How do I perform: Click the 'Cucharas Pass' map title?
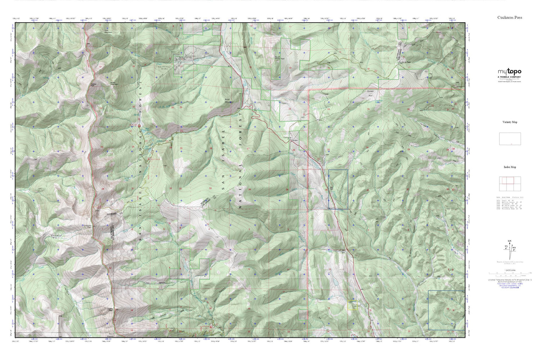[x=509, y=17]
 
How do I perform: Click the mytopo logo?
[x=509, y=72]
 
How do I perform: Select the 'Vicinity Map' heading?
[x=510, y=122]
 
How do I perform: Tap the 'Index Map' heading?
[x=510, y=167]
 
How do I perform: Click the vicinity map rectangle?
[x=510, y=139]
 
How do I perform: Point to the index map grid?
[x=510, y=184]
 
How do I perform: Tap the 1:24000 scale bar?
[x=509, y=274]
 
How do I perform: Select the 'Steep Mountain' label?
[x=114, y=83]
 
